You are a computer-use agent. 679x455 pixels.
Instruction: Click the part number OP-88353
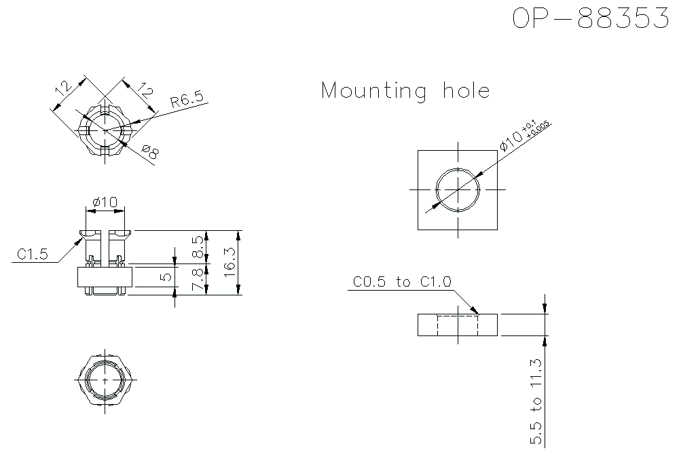click(x=591, y=19)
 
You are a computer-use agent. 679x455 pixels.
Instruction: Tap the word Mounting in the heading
click(x=374, y=91)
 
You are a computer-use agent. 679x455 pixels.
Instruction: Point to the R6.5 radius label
click(x=187, y=101)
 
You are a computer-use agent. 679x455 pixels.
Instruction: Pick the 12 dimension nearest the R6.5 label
click(x=145, y=90)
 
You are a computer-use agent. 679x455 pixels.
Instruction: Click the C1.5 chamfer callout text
click(x=32, y=255)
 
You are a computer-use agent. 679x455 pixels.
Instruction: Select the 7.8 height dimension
click(x=198, y=280)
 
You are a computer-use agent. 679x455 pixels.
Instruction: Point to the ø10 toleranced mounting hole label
click(x=523, y=135)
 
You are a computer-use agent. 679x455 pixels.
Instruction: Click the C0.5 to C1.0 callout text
click(x=402, y=282)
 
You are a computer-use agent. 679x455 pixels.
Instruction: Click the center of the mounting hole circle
click(x=458, y=189)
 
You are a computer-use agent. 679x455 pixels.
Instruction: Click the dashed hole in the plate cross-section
click(x=458, y=325)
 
